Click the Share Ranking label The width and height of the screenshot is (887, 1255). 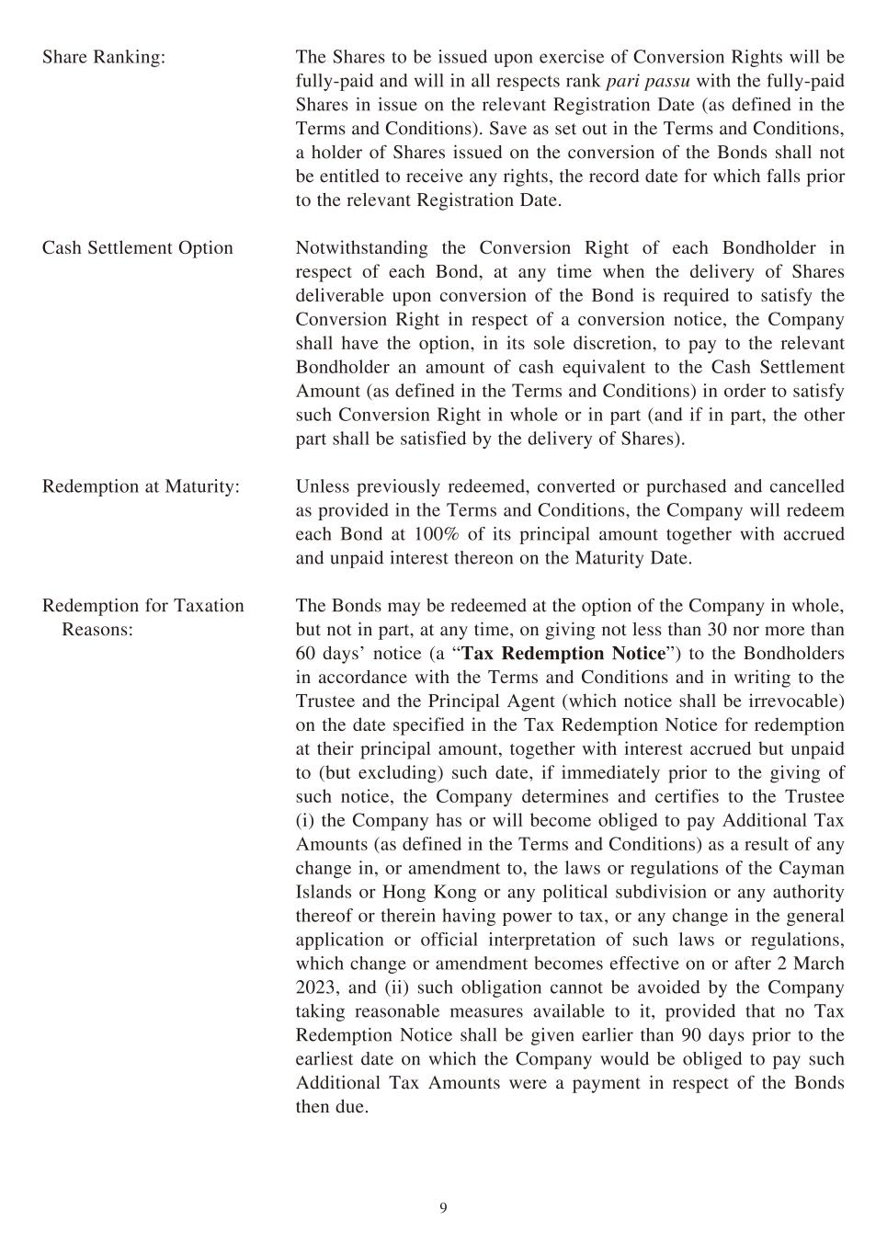(104, 57)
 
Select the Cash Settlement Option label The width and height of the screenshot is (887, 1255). (138, 248)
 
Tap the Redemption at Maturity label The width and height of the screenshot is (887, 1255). (141, 486)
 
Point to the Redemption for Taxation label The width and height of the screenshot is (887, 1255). (143, 606)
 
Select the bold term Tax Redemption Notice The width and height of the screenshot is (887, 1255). (563, 654)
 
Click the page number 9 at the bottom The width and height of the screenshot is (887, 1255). (443, 1208)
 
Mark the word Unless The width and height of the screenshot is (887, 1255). (322, 486)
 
